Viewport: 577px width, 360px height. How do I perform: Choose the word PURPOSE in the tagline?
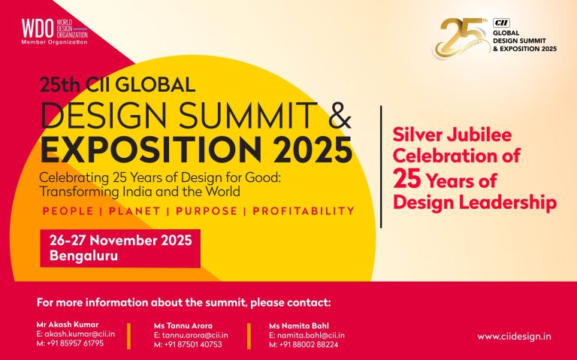click(x=209, y=211)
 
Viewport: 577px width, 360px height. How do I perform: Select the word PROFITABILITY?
click(x=304, y=211)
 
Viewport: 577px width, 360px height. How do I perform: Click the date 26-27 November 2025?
click(x=120, y=241)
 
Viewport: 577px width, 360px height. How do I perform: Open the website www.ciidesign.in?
click(x=514, y=336)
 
